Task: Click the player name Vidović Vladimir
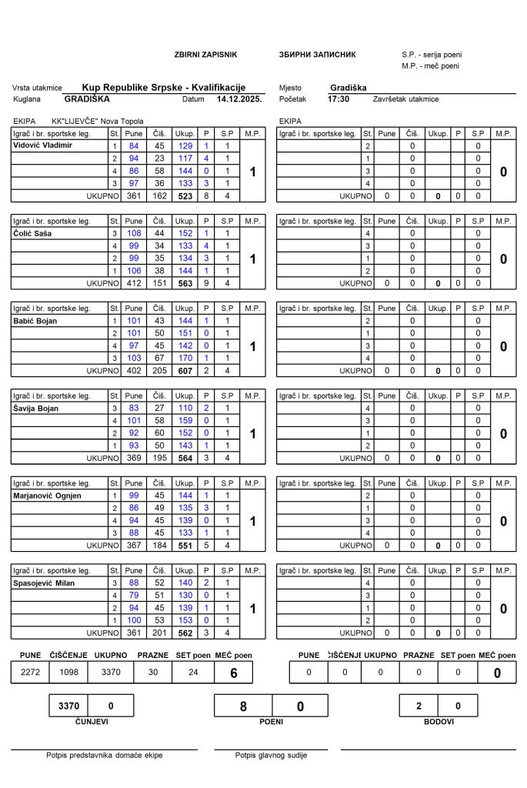coord(43,145)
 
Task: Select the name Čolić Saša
coord(32,233)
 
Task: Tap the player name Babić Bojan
coord(35,320)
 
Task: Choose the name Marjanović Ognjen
coord(45,496)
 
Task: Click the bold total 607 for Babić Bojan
coord(185,370)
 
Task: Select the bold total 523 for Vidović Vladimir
coord(185,195)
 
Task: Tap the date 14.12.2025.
coord(239,99)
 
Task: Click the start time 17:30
coord(339,99)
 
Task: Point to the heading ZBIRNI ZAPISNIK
coord(206,55)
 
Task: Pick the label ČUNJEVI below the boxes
coord(92,722)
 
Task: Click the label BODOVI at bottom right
coord(439,722)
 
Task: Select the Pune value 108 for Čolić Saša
coord(135,233)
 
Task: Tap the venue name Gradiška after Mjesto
coord(348,88)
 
